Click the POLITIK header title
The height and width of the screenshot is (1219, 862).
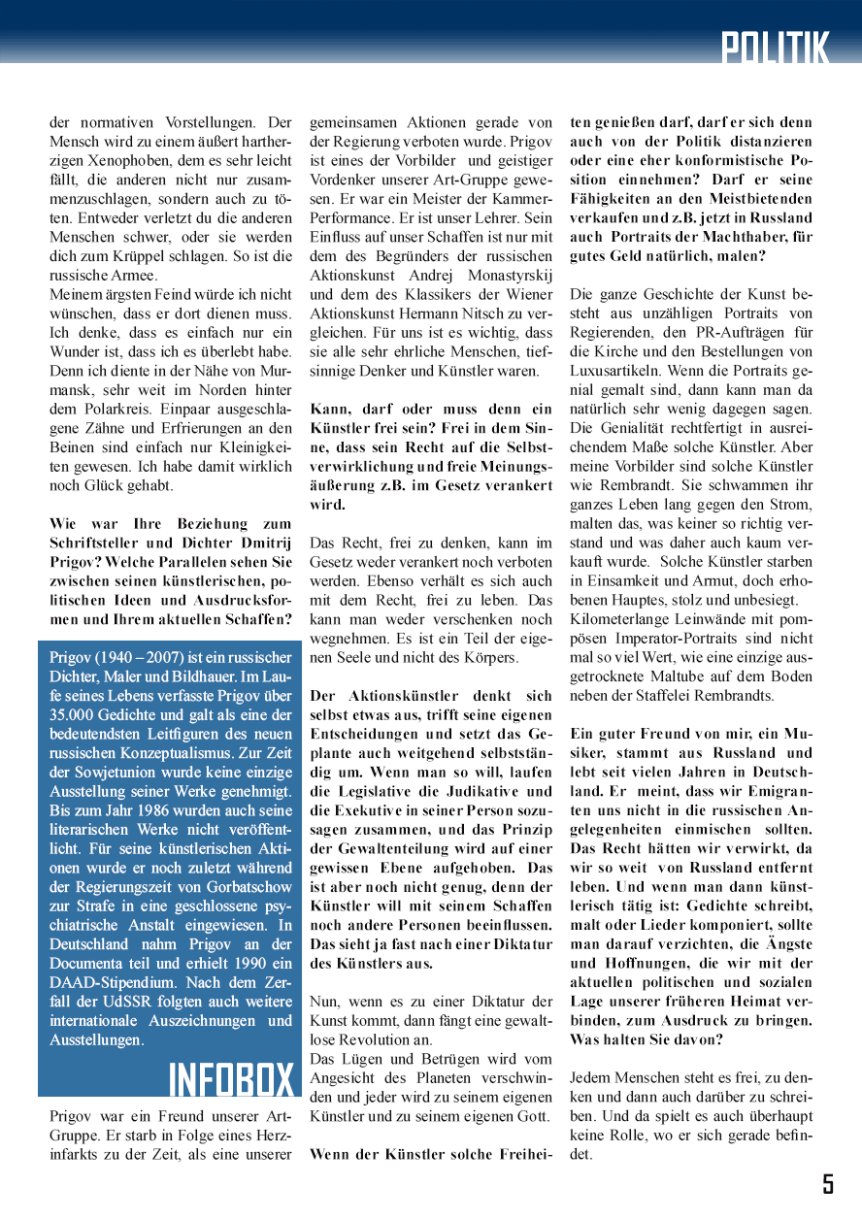pyautogui.click(x=776, y=47)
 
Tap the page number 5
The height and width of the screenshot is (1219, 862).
pyautogui.click(x=828, y=1183)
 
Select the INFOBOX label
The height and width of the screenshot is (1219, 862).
pyautogui.click(x=231, y=1079)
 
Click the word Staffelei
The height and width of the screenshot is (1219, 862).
pyautogui.click(x=660, y=695)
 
